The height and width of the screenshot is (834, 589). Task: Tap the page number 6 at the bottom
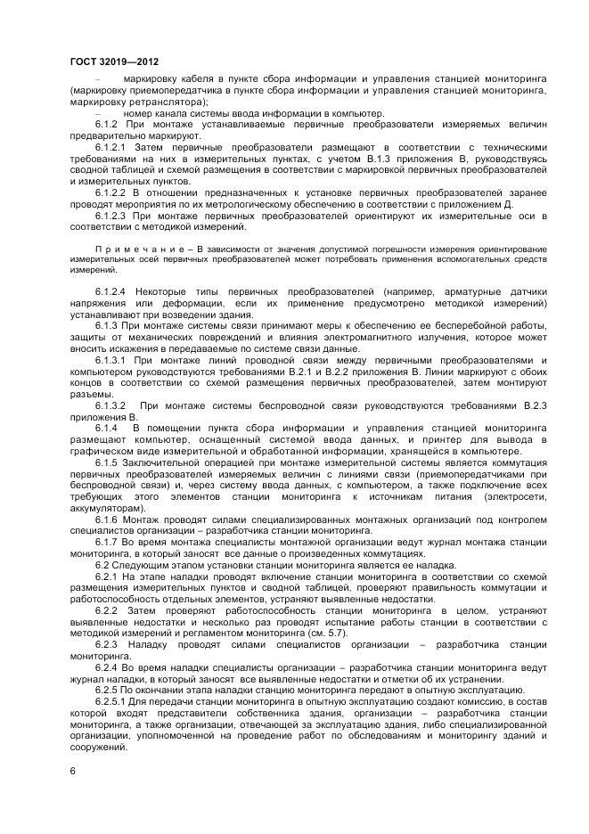(x=72, y=769)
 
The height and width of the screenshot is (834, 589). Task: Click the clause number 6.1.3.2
(x=111, y=405)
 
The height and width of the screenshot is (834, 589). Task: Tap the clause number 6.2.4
(x=106, y=667)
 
